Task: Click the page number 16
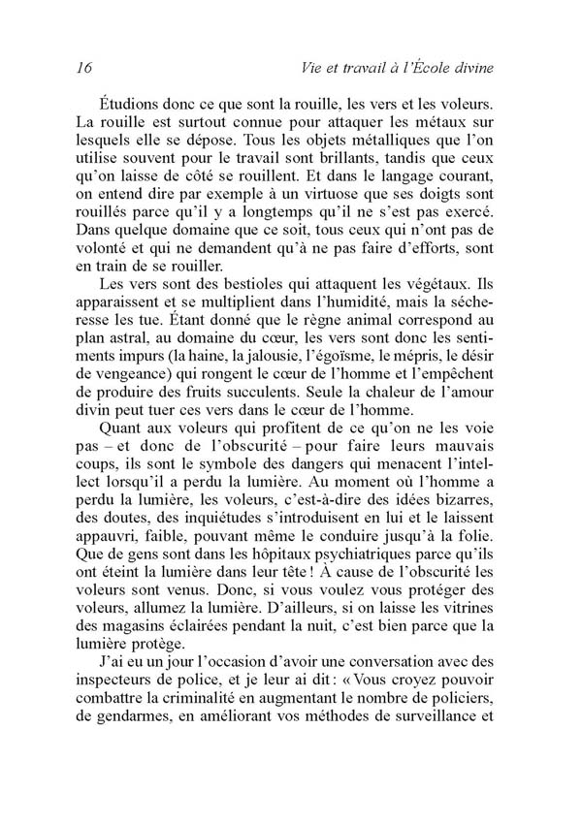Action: (82, 68)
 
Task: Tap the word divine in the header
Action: (466, 68)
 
